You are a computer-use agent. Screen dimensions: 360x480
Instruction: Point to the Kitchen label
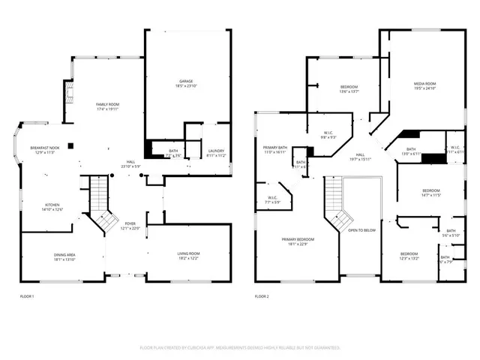52,206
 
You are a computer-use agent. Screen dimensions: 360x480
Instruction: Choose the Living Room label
187,256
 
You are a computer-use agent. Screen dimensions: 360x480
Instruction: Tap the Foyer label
130,226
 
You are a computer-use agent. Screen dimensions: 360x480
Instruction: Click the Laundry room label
216,153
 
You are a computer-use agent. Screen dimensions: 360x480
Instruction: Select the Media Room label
425,85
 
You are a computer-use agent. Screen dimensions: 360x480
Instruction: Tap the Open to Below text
361,230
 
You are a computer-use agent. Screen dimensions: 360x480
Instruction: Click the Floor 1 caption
27,297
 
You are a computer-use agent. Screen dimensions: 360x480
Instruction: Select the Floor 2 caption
262,297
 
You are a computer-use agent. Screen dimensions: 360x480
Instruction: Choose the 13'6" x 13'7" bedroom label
349,89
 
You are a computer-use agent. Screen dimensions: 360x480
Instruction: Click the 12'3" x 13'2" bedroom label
409,256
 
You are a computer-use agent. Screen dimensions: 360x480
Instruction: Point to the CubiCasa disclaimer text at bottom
240,348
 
